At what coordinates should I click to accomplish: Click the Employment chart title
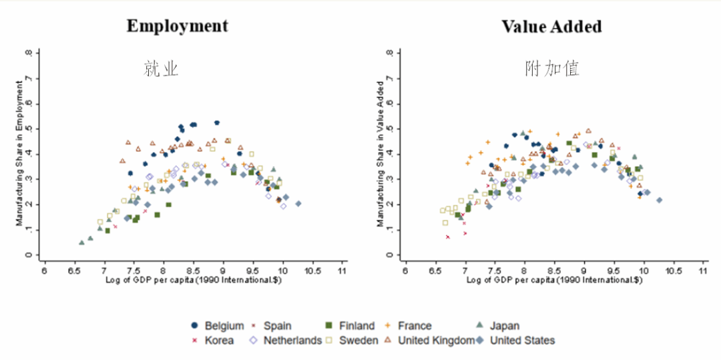point(177,26)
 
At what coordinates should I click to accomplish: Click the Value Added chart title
point(551,27)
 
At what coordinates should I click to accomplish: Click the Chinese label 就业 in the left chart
point(161,69)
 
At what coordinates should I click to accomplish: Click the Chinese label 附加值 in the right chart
point(551,69)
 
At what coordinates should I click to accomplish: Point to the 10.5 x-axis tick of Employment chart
point(312,271)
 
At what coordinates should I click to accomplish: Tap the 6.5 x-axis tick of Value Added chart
point(434,271)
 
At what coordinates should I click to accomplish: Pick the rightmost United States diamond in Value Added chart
point(659,200)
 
